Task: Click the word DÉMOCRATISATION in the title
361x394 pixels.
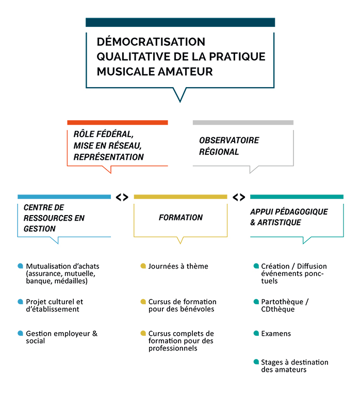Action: pyautogui.click(x=151, y=41)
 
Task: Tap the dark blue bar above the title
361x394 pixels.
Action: pyautogui.click(x=180, y=22)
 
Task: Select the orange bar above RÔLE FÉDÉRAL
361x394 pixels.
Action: pyautogui.click(x=117, y=122)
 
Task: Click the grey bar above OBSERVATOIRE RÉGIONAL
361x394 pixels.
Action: pyautogui.click(x=243, y=122)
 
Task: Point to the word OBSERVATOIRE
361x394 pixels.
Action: pyautogui.click(x=229, y=140)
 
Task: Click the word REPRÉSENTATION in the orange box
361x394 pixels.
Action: pyautogui.click(x=108, y=157)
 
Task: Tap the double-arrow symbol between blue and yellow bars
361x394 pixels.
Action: pyautogui.click(x=122, y=197)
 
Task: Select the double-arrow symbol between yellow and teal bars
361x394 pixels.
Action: pyautogui.click(x=239, y=197)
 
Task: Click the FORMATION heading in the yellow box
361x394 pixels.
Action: pyautogui.click(x=180, y=217)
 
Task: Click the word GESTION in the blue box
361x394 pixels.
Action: pyautogui.click(x=39, y=228)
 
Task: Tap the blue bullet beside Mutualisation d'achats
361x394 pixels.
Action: pyautogui.click(x=20, y=266)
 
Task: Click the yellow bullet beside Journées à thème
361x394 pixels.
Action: pyautogui.click(x=143, y=266)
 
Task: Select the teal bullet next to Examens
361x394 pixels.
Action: pyautogui.click(x=256, y=333)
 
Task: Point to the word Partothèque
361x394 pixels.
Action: pyautogui.click(x=282, y=302)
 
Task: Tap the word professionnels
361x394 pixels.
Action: pyautogui.click(x=173, y=348)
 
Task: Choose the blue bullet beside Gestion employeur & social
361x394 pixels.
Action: pyautogui.click(x=20, y=333)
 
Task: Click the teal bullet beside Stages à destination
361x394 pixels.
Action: pyautogui.click(x=256, y=362)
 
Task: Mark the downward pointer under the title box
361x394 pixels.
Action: pyautogui.click(x=180, y=95)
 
